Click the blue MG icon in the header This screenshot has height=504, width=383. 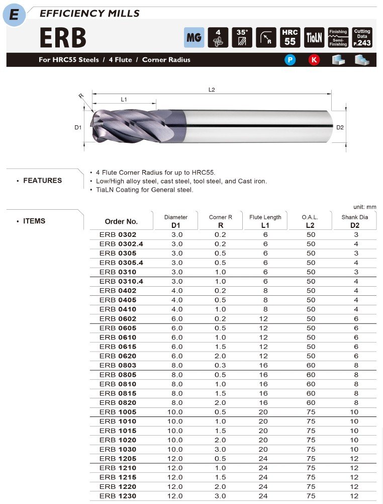click(194, 37)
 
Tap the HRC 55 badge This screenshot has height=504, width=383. click(290, 37)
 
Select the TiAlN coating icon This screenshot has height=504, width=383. click(315, 37)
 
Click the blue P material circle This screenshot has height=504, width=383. click(290, 60)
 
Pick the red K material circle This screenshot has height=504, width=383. click(314, 60)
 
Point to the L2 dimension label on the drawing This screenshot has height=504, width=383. click(212, 90)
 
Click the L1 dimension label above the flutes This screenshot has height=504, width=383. click(124, 100)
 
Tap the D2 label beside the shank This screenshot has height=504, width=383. click(340, 127)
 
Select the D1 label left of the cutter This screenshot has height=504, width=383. click(78, 128)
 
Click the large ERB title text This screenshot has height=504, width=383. click(63, 38)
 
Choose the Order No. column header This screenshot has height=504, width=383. click(121, 221)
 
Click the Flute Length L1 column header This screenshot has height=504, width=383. click(265, 221)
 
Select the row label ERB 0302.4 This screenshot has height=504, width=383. click(121, 244)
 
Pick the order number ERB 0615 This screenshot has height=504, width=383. click(118, 347)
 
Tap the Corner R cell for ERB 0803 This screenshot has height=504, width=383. click(220, 365)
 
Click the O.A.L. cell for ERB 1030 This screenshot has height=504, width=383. click(311, 449)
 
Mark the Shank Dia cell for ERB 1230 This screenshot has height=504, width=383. click(354, 496)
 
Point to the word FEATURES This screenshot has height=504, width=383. click(43, 181)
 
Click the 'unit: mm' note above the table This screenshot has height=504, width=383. click(364, 207)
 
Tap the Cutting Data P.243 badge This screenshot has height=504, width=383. click(362, 37)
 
